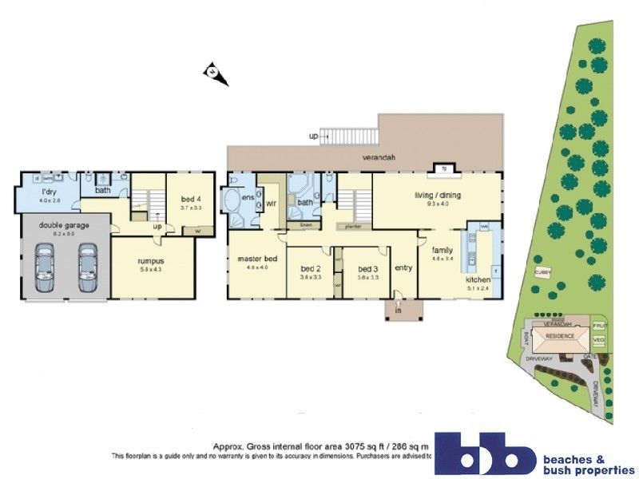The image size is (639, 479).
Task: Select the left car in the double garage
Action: pyautogui.click(x=45, y=268)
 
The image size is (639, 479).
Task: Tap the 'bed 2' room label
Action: pyautogui.click(x=310, y=269)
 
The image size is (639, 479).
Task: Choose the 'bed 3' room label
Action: pyautogui.click(x=367, y=269)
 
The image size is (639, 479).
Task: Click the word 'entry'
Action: pyautogui.click(x=403, y=267)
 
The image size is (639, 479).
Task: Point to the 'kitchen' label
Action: pyautogui.click(x=478, y=280)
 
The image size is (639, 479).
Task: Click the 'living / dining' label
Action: pyautogui.click(x=439, y=195)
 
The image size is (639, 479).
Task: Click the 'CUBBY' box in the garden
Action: pyautogui.click(x=543, y=272)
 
